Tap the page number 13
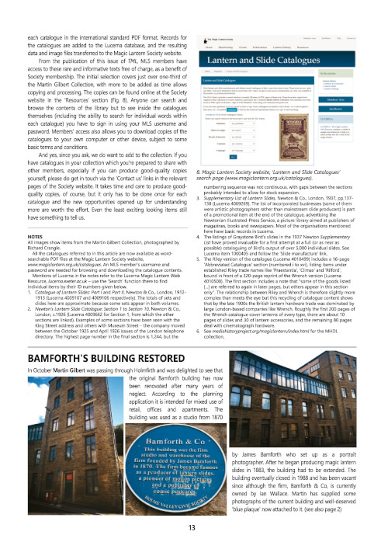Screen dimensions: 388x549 coord(193,528)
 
